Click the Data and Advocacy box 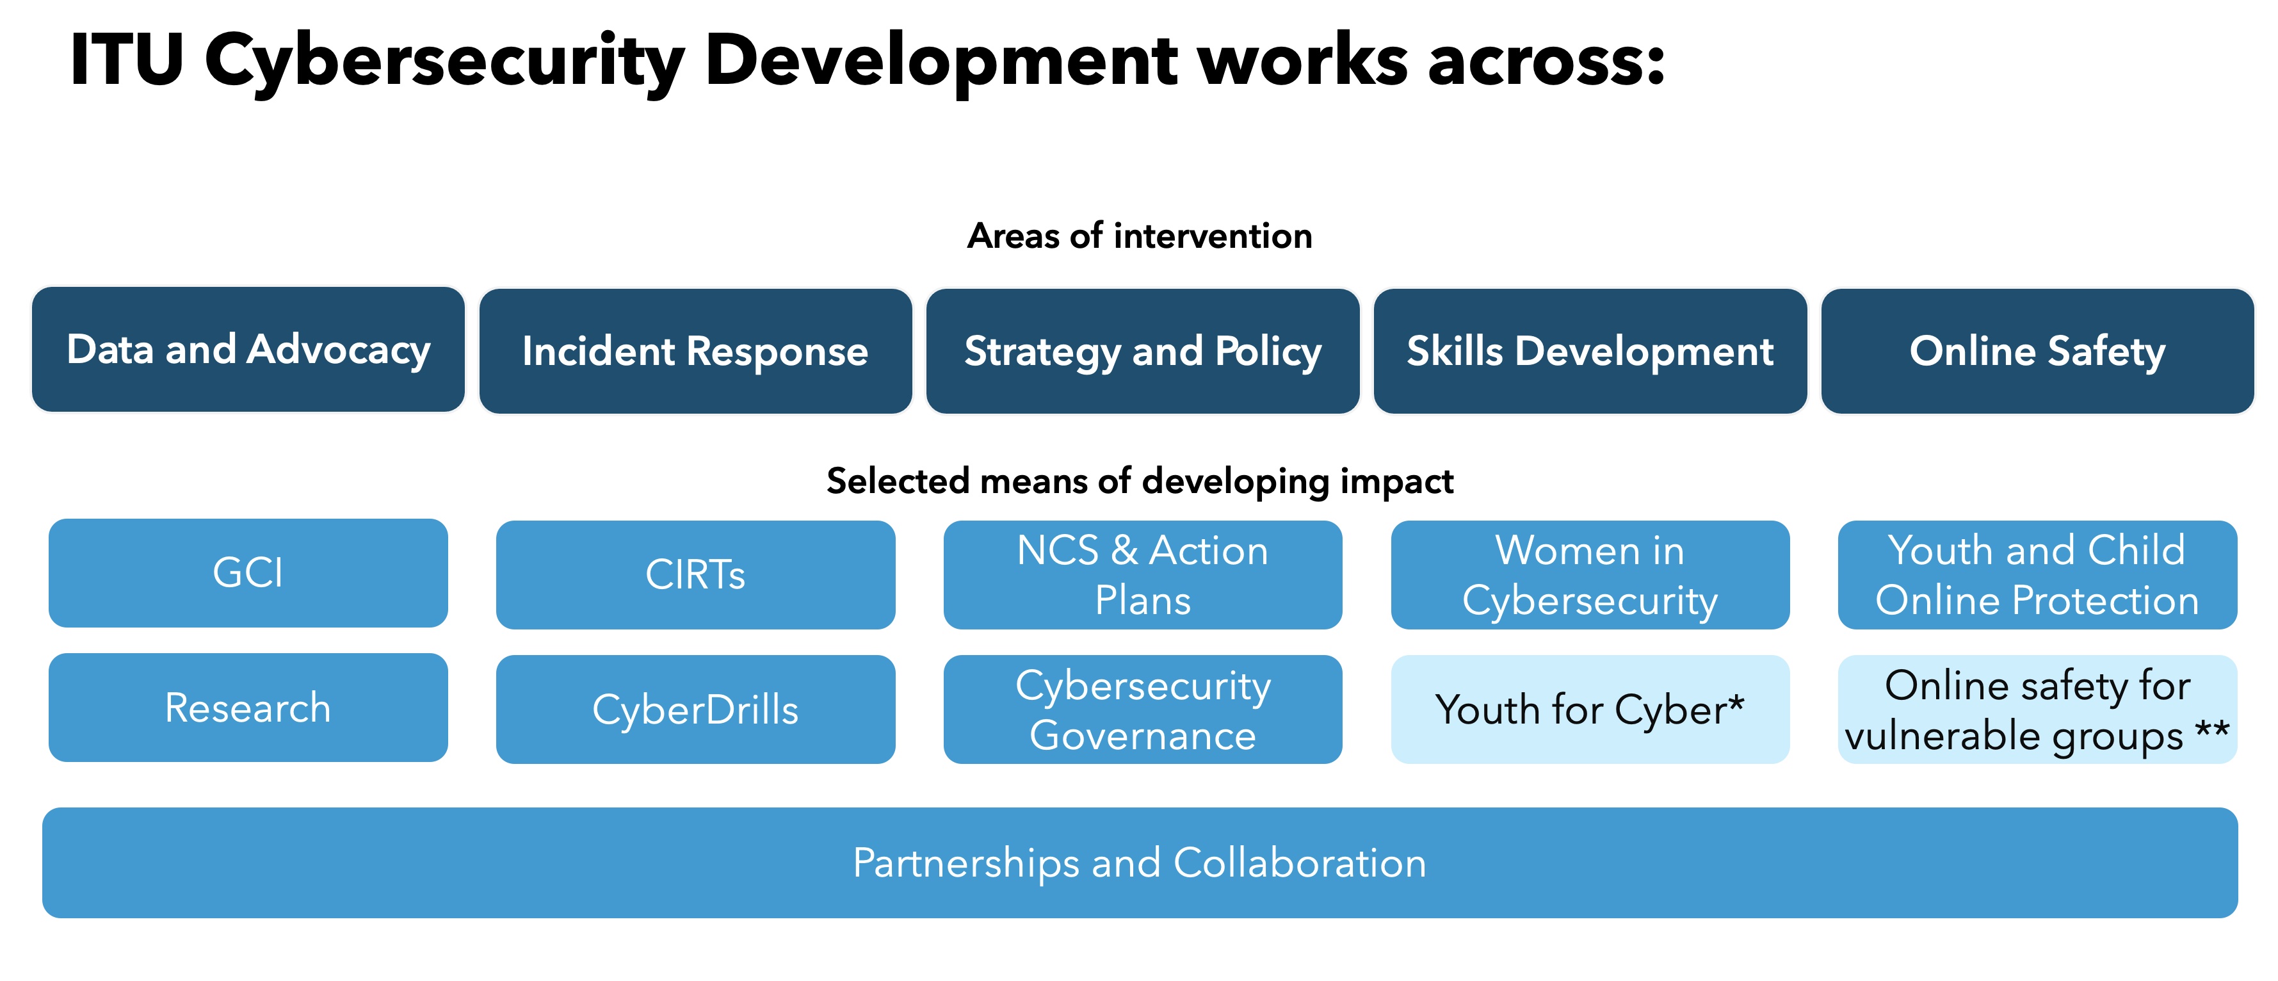point(248,350)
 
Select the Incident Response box point(696,351)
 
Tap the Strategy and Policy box point(1143,351)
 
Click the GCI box point(248,573)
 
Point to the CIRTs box point(696,575)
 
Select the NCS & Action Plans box point(1143,575)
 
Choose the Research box point(248,708)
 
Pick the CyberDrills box point(696,709)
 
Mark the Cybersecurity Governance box point(1143,709)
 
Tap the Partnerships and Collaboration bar point(1140,863)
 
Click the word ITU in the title point(127,60)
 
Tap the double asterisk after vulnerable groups point(2213,731)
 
